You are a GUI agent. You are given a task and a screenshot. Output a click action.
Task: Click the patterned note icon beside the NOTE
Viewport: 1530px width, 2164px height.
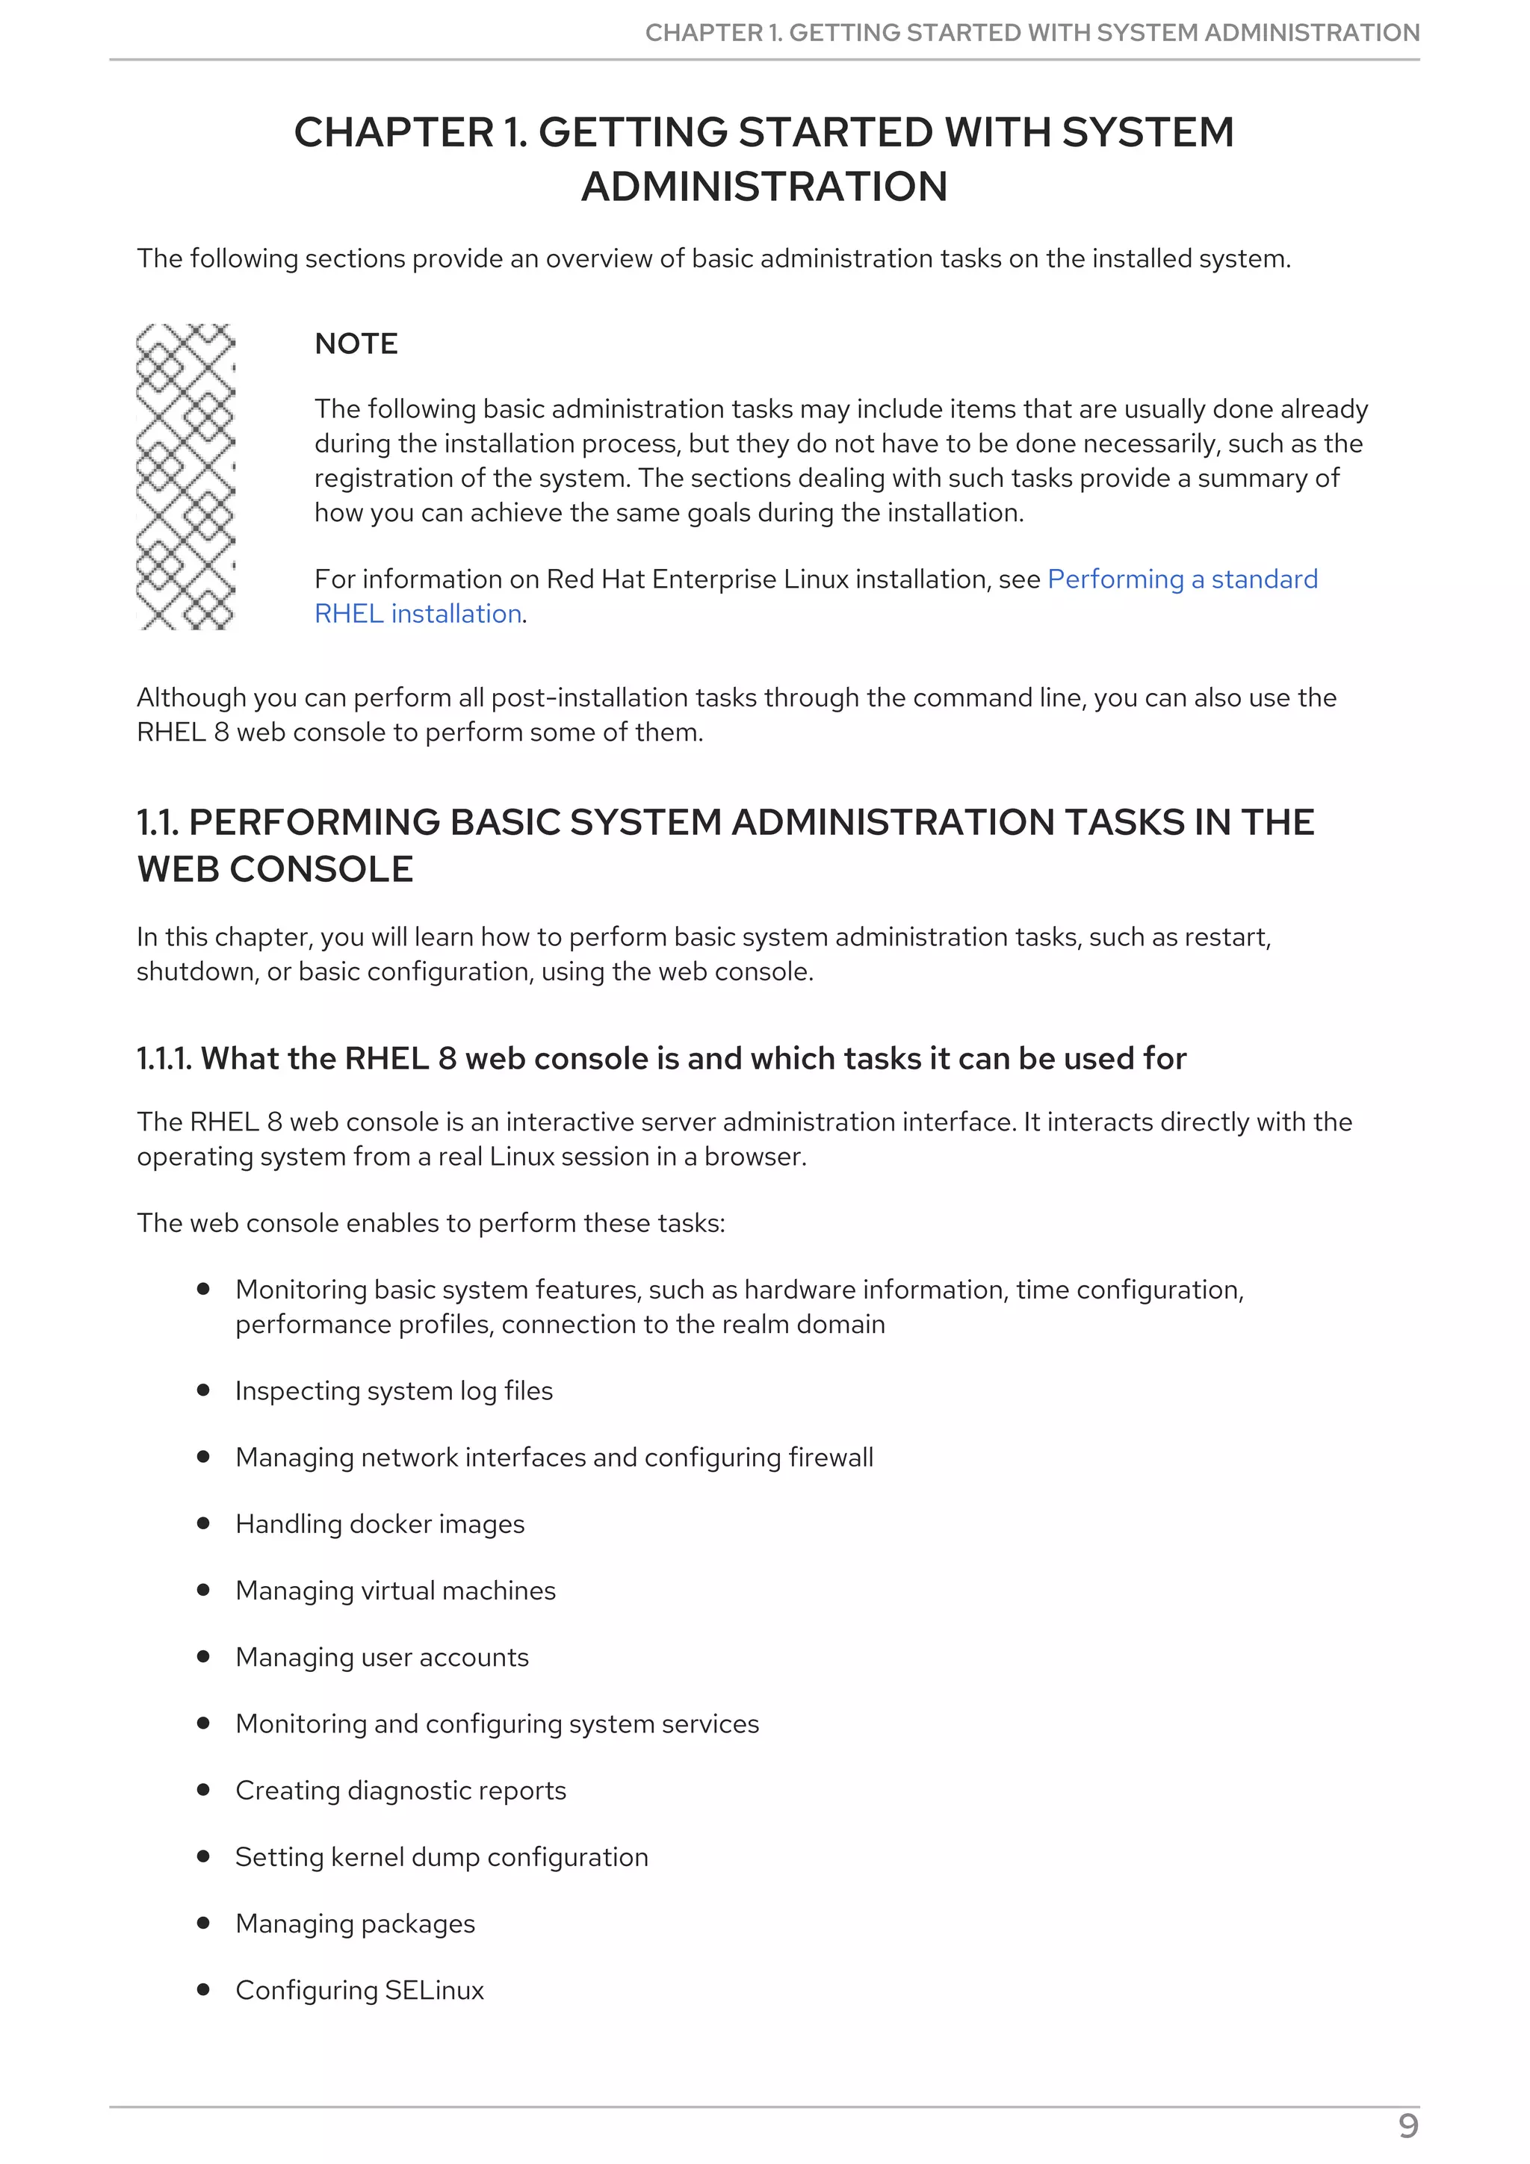click(186, 476)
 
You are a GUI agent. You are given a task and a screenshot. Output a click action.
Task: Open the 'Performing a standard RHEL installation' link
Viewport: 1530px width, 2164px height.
click(1181, 579)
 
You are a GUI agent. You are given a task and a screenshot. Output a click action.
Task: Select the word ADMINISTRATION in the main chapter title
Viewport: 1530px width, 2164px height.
click(764, 187)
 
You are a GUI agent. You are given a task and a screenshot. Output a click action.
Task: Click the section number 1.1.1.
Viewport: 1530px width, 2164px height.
click(164, 1058)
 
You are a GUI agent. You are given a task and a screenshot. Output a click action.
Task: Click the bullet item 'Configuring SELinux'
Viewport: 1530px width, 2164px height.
click(359, 1989)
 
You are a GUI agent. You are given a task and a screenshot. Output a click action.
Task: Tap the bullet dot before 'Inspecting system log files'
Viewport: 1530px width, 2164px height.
click(202, 1390)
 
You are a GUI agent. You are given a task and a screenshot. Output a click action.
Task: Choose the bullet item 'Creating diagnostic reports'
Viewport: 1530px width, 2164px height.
click(400, 1790)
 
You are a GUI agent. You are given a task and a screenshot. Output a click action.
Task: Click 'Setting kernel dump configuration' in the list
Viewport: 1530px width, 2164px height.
click(442, 1857)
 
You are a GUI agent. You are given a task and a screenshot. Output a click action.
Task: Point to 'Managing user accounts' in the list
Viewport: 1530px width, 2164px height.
click(382, 1657)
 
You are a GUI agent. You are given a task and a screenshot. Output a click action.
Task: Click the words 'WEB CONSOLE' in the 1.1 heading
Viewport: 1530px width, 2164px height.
click(275, 869)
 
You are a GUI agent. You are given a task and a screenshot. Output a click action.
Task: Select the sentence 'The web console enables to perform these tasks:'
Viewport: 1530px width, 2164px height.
click(431, 1222)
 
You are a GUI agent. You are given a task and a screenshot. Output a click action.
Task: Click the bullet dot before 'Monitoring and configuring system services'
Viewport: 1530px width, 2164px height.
click(202, 1723)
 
